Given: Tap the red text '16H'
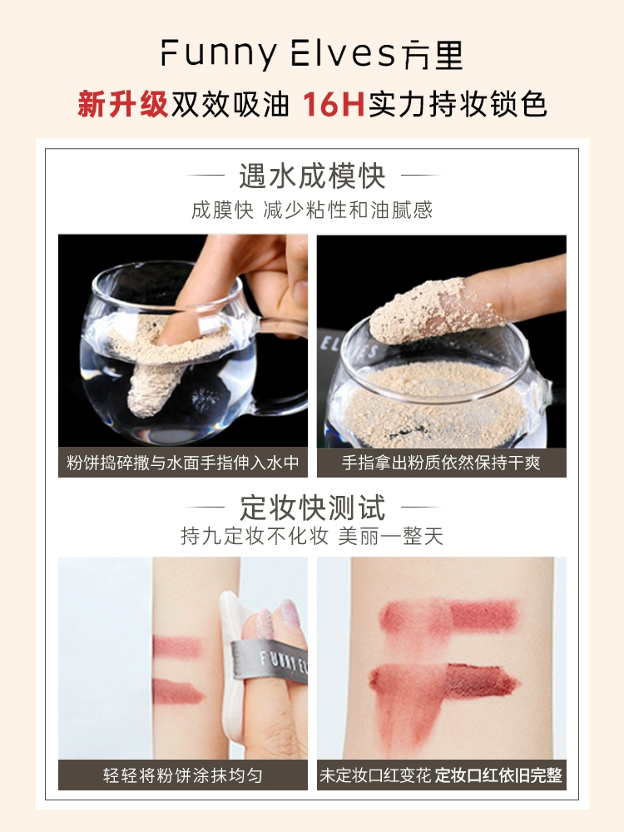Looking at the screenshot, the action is [x=334, y=104].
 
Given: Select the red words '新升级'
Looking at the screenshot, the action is [x=122, y=104].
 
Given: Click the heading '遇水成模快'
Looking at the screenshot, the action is [x=311, y=176].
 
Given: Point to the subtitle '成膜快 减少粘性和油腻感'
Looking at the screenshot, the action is [x=312, y=210].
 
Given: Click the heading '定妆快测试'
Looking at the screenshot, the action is [x=312, y=508].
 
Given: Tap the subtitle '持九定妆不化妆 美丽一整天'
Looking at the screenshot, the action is [x=312, y=536].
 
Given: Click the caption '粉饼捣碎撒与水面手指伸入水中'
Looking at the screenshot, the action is [x=182, y=463].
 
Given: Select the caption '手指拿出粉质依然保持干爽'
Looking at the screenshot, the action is [x=441, y=463].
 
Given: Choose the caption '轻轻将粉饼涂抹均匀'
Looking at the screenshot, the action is [x=182, y=775].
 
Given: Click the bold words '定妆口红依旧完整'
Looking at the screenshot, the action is [x=498, y=775].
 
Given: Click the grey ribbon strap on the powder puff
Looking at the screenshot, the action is [x=270, y=661].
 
